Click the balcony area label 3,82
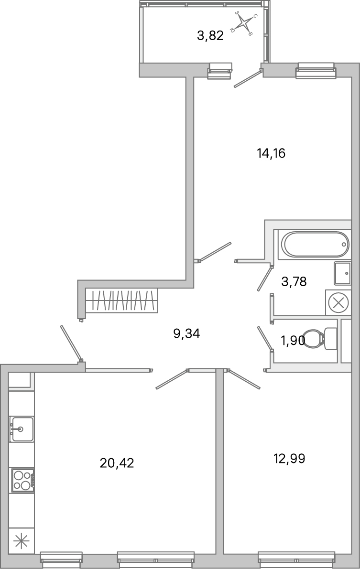pyautogui.click(x=210, y=36)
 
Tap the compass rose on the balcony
pyautogui.click(x=244, y=23)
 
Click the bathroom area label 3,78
pyautogui.click(x=294, y=282)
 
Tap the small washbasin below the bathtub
pyautogui.click(x=342, y=273)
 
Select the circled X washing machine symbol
pyautogui.click(x=338, y=302)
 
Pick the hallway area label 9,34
pyautogui.click(x=186, y=333)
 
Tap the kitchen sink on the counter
pyautogui.click(x=22, y=429)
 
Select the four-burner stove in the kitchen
pyautogui.click(x=22, y=480)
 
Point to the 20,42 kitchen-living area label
pyautogui.click(x=117, y=463)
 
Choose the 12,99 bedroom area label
pyautogui.click(x=289, y=459)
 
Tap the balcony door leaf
pyautogui.click(x=248, y=79)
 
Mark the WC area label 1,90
pyautogui.click(x=292, y=341)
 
